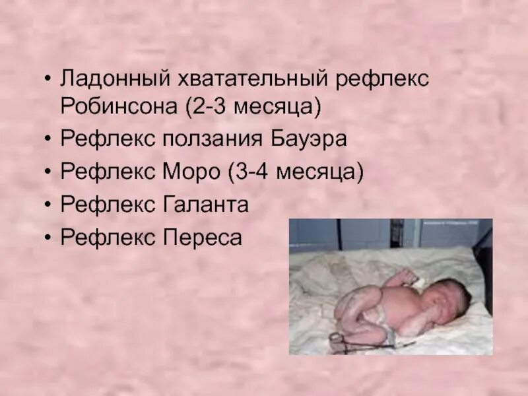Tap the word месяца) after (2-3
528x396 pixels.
[280, 106]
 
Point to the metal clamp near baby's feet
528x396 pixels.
[338, 339]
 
